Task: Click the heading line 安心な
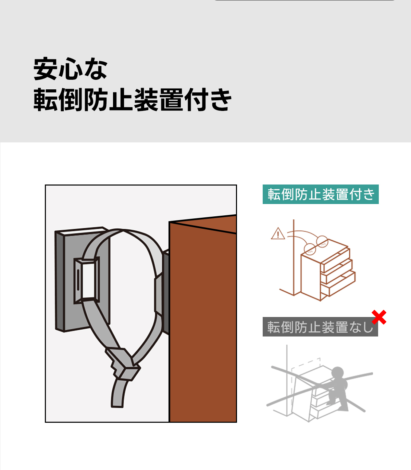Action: point(70,69)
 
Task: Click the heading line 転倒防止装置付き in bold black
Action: point(133,100)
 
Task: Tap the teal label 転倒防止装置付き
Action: point(321,194)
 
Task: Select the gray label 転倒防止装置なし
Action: point(320,327)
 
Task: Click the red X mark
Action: point(379,317)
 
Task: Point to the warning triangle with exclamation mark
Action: point(278,233)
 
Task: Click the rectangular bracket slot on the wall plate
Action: point(86,280)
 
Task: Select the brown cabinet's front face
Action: point(203,321)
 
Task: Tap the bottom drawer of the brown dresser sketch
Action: point(338,284)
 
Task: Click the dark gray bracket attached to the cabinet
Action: point(165,292)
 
